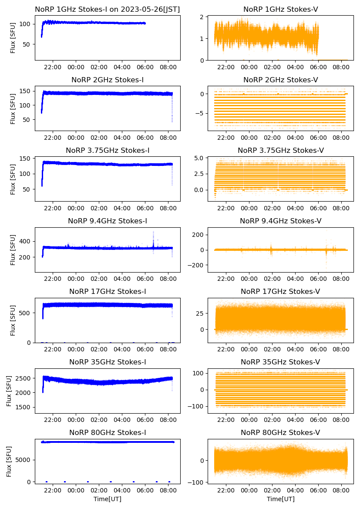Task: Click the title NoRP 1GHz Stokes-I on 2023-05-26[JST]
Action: click(108, 9)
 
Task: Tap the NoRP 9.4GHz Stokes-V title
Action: click(281, 221)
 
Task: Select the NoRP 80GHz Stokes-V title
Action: click(281, 433)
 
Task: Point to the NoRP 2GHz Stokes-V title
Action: click(281, 80)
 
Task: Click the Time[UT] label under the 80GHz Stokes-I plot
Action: click(108, 499)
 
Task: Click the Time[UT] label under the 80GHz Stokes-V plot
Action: click(281, 499)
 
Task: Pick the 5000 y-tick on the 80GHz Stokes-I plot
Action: click(21, 460)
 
